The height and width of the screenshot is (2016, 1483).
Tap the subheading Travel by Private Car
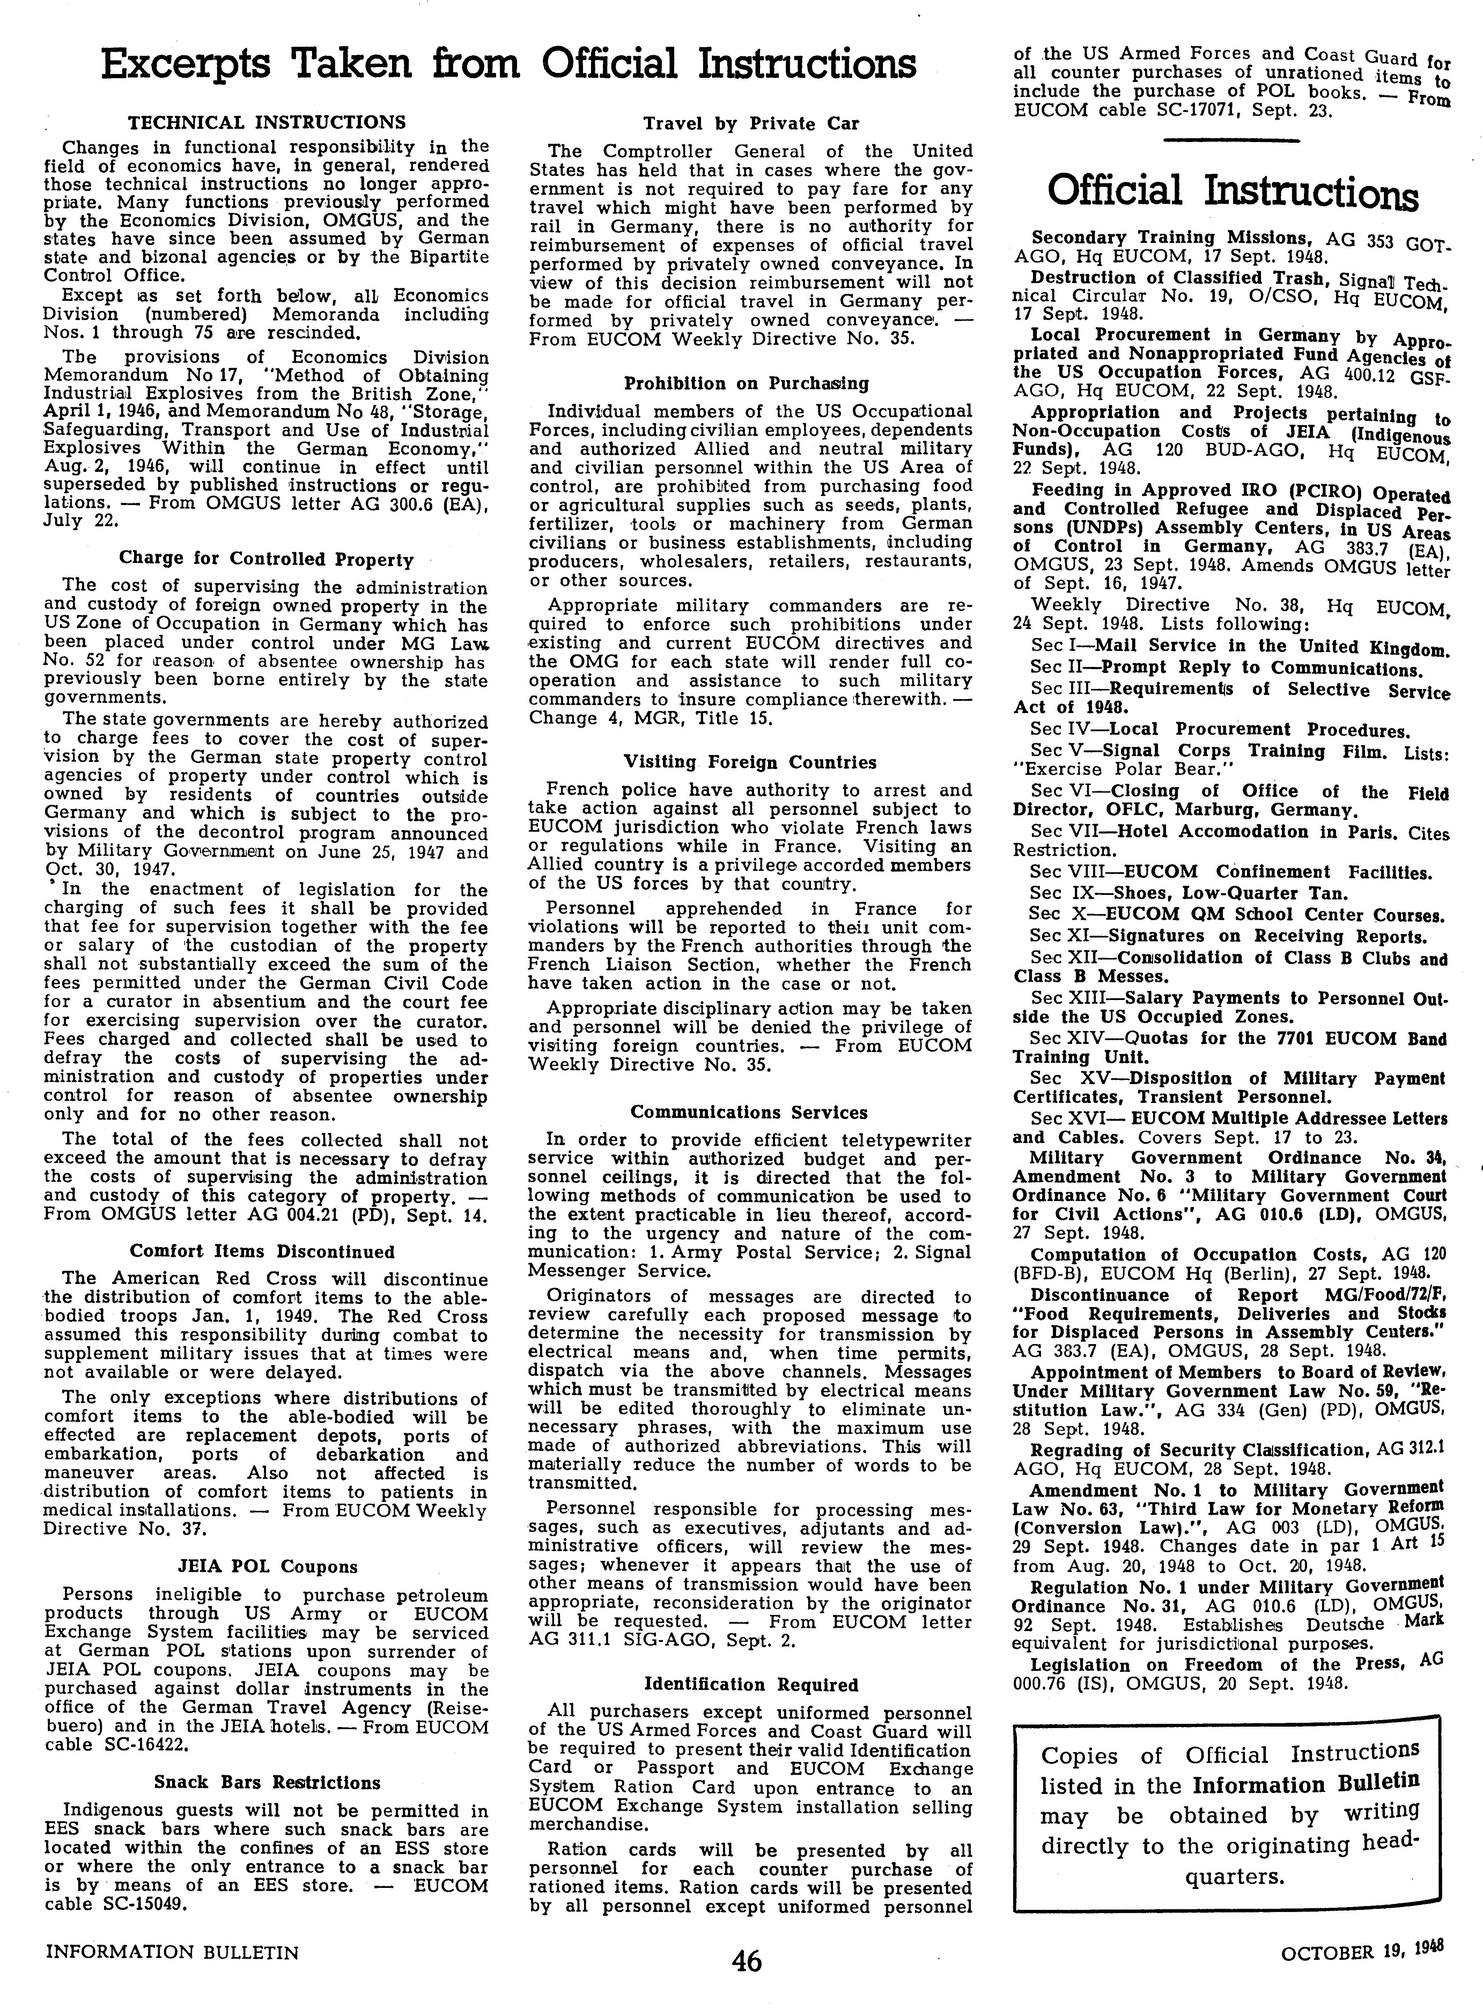tap(751, 124)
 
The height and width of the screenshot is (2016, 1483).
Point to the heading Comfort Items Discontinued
tap(262, 1251)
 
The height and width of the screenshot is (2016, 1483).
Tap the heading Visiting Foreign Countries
tap(750, 762)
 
